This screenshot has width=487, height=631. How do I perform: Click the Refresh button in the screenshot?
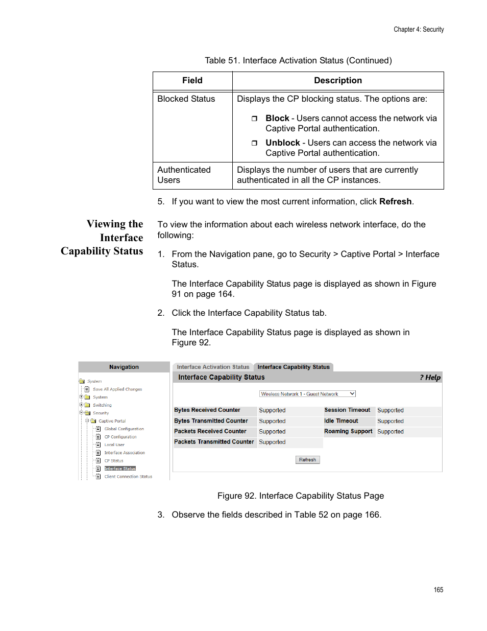(307, 460)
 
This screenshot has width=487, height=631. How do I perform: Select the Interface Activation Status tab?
(213, 367)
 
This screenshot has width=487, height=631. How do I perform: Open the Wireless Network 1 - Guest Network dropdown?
(307, 394)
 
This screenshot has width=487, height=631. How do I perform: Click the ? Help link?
(430, 378)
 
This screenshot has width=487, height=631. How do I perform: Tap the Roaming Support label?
(348, 431)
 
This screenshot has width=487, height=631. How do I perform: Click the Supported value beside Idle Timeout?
(390, 421)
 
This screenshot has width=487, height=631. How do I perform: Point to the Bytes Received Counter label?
(207, 410)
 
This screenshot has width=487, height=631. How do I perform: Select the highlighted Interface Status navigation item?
(120, 469)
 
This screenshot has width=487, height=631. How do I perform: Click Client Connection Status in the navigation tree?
(128, 477)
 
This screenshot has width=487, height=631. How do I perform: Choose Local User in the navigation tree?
(114, 445)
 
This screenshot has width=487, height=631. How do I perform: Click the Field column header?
(192, 81)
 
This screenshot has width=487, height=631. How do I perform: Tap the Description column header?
(337, 81)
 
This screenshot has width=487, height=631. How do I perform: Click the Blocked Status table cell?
(186, 99)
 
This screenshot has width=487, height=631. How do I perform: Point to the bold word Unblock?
(282, 143)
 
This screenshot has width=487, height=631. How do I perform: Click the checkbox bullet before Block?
(254, 119)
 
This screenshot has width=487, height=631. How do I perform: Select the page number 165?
(438, 590)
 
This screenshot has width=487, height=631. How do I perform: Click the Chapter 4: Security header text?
(418, 30)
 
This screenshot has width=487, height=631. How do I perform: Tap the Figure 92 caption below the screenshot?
(300, 496)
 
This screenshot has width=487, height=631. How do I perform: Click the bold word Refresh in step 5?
(395, 202)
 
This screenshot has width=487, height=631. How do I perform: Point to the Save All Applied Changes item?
(117, 389)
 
